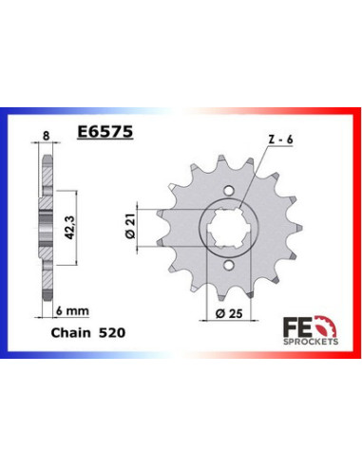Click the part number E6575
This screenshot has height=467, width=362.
point(104,136)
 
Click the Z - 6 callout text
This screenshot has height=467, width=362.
point(254,140)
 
